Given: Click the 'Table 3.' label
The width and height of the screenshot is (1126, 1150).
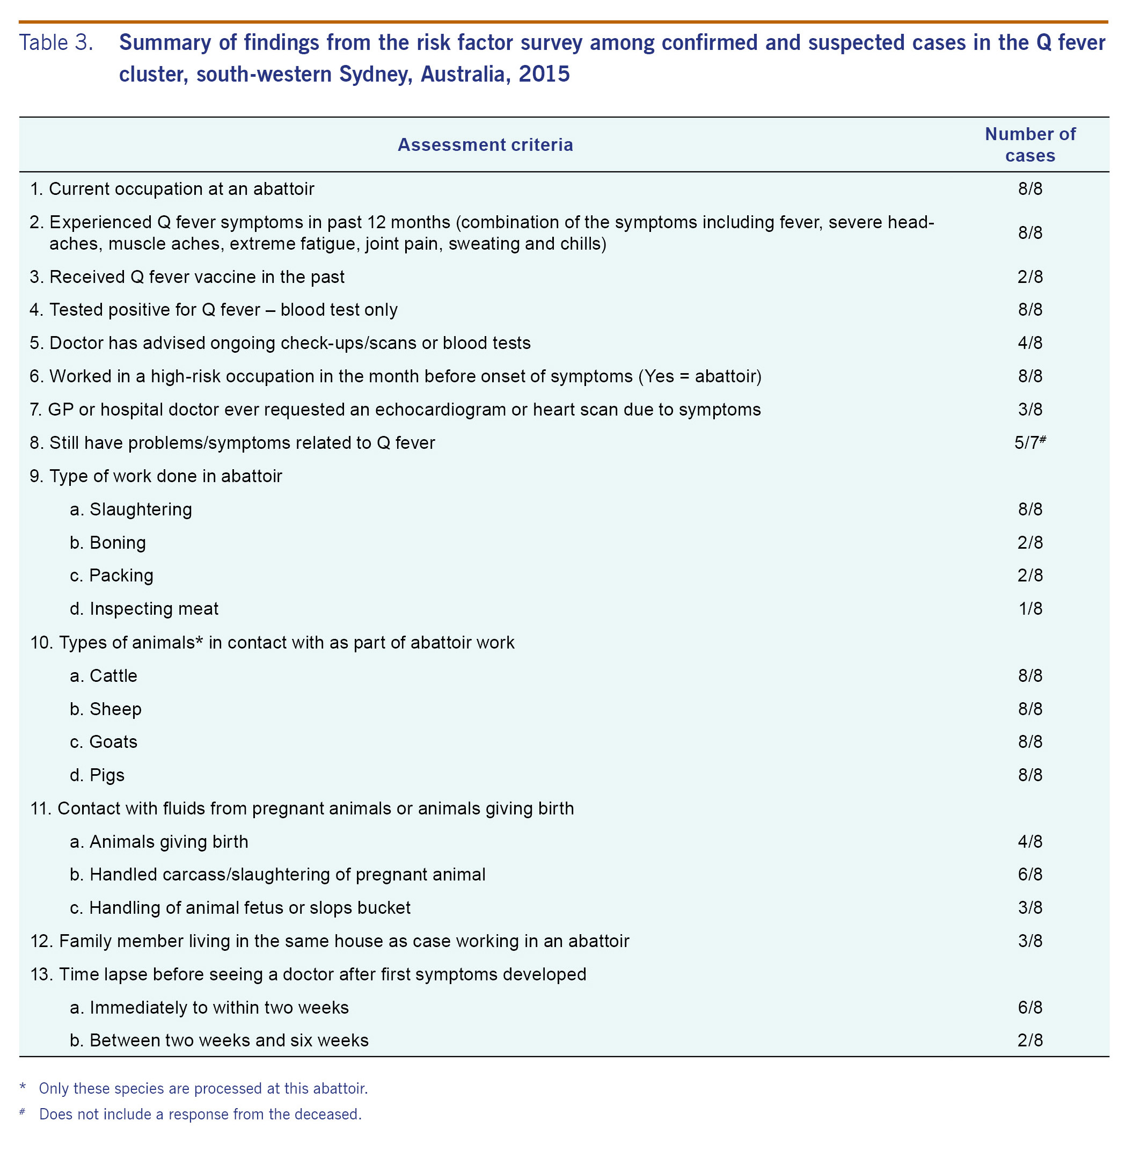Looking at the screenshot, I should click(56, 42).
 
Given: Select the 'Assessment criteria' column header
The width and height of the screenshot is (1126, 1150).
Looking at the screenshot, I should click(485, 145).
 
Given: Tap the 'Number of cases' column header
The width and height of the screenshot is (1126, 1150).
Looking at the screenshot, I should click(1029, 145).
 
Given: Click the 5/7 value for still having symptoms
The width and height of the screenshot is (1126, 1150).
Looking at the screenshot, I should click(1028, 443).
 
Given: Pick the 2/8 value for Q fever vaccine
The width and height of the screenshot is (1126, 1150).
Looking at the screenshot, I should click(1029, 277).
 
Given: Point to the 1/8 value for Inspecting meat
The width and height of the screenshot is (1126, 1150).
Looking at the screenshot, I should click(1029, 609).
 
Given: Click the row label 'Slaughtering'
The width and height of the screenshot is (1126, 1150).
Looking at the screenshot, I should click(140, 510).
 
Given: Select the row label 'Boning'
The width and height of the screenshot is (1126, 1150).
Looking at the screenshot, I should click(117, 542).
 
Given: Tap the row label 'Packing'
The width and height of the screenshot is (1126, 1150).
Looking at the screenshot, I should click(121, 576).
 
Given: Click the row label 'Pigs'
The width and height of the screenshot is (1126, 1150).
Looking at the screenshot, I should click(107, 775).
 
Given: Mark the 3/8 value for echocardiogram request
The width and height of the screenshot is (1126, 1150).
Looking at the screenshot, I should click(1029, 409).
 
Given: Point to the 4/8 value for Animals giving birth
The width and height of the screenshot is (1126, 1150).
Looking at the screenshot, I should click(1029, 841).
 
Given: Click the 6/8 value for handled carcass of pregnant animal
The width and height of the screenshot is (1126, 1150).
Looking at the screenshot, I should click(1029, 875).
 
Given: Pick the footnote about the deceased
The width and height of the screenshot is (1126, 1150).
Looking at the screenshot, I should click(200, 1114).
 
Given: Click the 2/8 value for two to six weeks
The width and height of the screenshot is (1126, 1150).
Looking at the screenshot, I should click(1029, 1040).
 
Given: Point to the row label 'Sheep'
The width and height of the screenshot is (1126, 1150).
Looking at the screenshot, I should click(115, 709).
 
